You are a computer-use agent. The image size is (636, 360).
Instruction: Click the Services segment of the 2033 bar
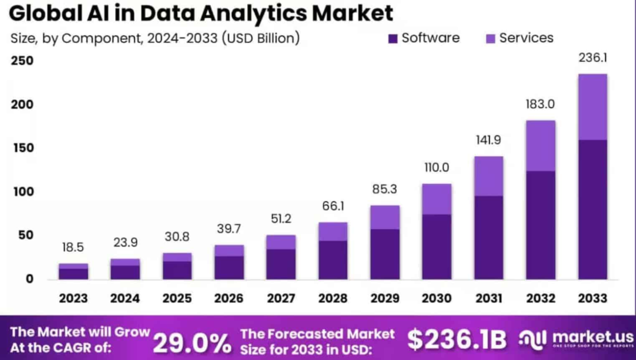point(593,107)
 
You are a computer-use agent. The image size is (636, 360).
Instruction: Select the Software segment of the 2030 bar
point(437,246)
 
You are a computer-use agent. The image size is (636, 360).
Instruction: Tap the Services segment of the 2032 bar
point(540,146)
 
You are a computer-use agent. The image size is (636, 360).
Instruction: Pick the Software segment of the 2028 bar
point(333,259)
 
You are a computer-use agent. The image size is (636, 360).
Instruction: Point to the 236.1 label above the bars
point(593,58)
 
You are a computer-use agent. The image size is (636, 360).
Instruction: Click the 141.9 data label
point(489,139)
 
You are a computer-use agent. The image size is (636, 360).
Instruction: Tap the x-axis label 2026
point(229,298)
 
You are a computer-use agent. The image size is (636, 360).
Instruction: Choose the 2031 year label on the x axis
point(489,298)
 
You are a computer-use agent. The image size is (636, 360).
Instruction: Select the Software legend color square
point(393,38)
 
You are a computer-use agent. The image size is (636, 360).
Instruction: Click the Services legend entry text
point(526,38)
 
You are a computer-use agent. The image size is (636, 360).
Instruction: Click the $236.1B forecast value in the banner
point(457,340)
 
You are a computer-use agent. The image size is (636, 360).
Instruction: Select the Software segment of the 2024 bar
point(125,272)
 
